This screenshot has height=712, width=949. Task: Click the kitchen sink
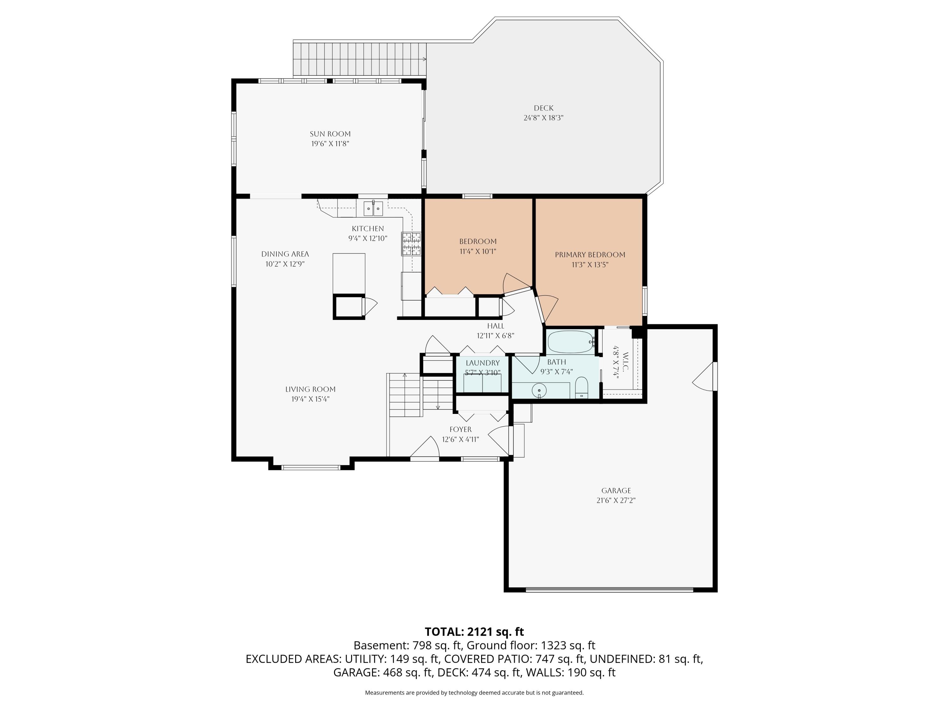pos(373,209)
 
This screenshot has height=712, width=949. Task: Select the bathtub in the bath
pos(571,342)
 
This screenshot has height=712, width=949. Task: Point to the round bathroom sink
pos(539,390)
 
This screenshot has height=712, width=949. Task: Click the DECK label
pos(543,108)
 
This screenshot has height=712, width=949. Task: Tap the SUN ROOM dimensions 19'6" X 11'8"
pos(330,144)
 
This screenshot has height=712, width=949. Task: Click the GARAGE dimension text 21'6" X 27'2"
pos(616,500)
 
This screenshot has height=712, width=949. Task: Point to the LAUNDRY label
pos(483,363)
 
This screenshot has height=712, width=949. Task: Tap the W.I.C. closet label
pos(625,362)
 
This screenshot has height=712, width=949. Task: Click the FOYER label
pos(460,429)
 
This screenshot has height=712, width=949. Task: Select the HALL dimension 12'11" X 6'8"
pos(495,336)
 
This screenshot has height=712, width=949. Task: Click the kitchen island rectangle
pos(349,273)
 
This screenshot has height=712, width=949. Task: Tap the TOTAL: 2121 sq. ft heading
pos(474,632)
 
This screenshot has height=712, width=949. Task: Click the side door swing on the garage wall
pos(704,376)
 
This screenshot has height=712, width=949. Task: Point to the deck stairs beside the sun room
pos(360,59)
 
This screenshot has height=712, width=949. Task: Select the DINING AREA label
pos(285,254)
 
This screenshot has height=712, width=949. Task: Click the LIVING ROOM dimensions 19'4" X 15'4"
pos(310,399)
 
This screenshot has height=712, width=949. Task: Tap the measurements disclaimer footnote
pos(474,692)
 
